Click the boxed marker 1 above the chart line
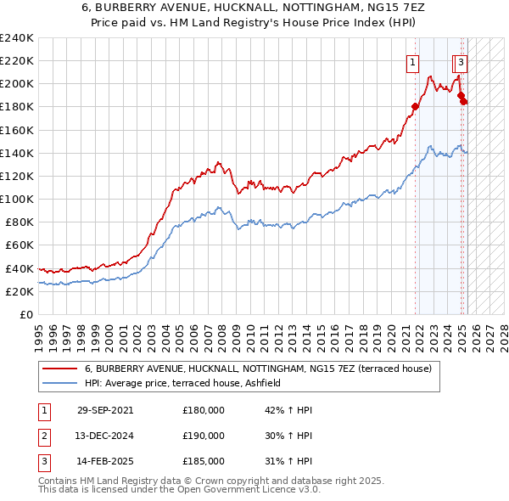tap(412, 61)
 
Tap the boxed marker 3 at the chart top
tap(461, 61)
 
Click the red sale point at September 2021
tap(416, 107)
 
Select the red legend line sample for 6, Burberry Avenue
tap(59, 369)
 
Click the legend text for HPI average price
tap(188, 383)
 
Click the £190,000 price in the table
tap(204, 436)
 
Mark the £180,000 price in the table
tap(204, 410)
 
